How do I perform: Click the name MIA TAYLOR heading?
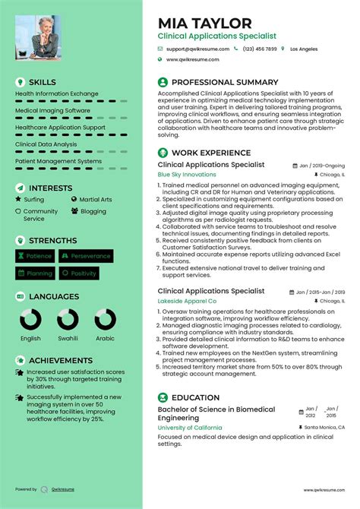204,23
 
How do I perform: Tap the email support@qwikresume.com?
196,49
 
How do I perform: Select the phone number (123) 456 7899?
260,49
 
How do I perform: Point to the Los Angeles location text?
304,49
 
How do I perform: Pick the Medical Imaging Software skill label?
52,110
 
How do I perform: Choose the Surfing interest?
34,200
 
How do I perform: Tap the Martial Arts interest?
96,200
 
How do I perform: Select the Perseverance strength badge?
87,257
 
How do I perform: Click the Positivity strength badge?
79,273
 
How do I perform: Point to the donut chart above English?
31,319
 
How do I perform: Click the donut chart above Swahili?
68,319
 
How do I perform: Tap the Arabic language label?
106,339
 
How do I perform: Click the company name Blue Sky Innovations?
187,175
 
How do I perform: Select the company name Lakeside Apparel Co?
187,301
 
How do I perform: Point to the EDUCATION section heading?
196,397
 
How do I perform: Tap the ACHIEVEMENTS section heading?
61,360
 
